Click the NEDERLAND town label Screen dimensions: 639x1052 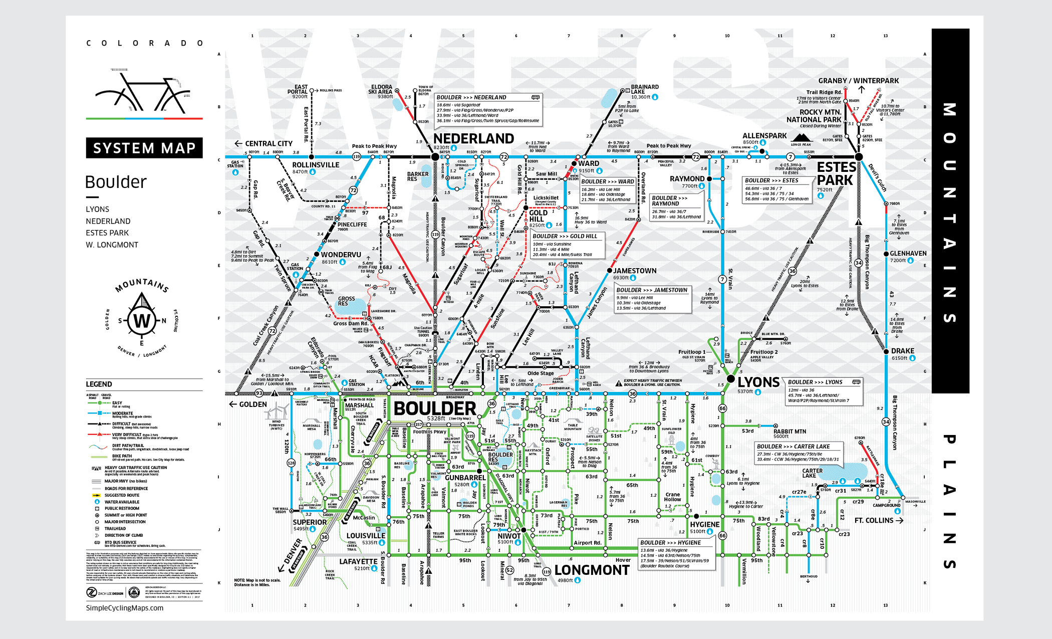[x=473, y=138]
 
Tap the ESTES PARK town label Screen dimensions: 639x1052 [x=836, y=173]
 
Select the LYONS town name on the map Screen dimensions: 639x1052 [x=758, y=382]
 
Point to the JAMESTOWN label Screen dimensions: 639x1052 [x=635, y=271]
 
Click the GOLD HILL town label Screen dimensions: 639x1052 [x=538, y=216]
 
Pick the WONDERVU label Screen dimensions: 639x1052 [x=341, y=255]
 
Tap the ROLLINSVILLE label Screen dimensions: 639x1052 [x=316, y=165]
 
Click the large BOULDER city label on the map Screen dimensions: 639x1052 [x=435, y=408]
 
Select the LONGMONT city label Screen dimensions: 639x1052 [x=592, y=570]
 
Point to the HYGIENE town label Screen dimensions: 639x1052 [x=704, y=524]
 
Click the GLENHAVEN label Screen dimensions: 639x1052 [x=908, y=254]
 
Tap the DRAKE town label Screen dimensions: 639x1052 [x=903, y=351]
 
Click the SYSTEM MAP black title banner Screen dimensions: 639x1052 [x=144, y=148]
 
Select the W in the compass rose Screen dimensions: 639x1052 [x=142, y=320]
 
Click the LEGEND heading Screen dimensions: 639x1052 [x=99, y=384]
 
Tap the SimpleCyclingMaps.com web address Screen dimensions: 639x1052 [x=125, y=608]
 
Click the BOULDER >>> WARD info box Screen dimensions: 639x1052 [x=608, y=190]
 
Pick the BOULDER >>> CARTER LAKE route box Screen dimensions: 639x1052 [x=798, y=453]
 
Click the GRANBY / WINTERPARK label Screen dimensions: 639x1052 [x=858, y=81]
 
